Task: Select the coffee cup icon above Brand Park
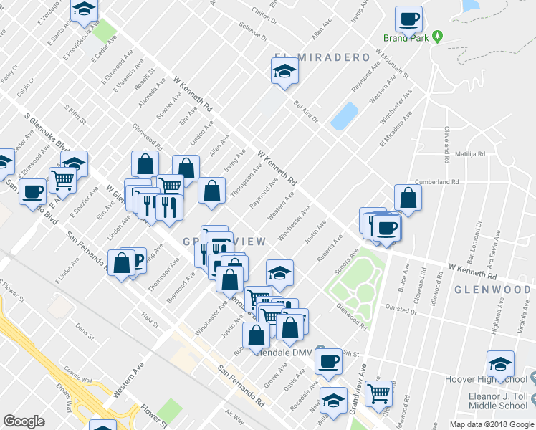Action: (x=408, y=19)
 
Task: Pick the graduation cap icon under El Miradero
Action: (x=284, y=72)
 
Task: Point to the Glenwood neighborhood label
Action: (x=492, y=290)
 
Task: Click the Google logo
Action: (x=24, y=421)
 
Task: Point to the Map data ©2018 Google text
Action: (x=491, y=424)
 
